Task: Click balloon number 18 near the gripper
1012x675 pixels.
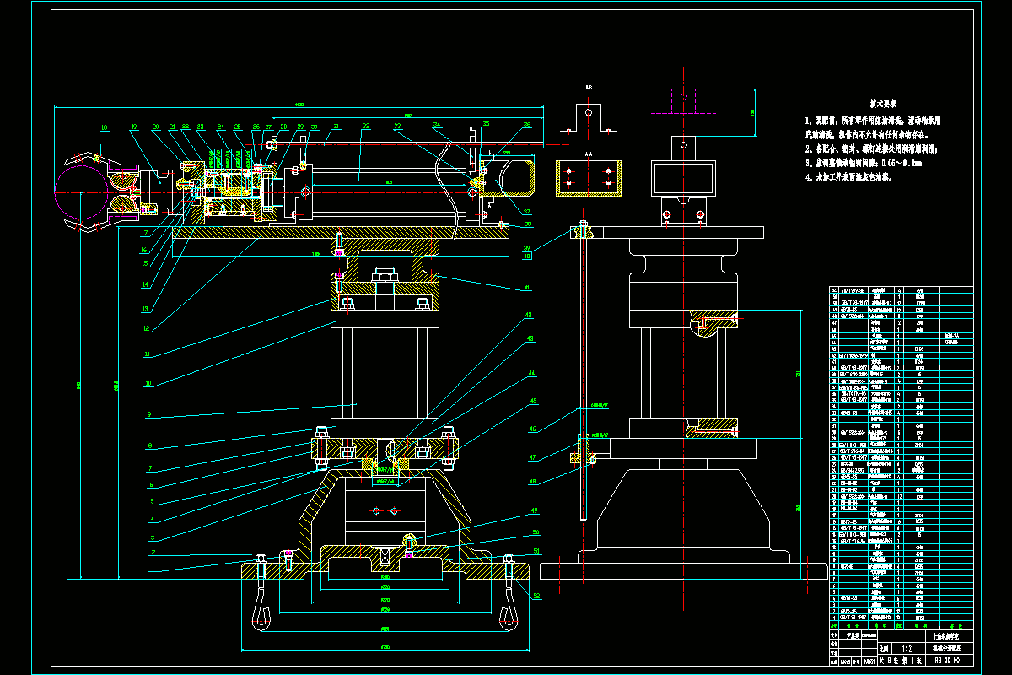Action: (105, 127)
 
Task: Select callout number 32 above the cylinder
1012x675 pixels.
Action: (365, 127)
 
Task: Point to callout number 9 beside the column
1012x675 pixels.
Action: (148, 414)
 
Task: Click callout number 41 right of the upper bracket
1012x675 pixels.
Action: (528, 289)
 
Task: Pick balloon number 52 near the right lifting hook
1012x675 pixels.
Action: (536, 597)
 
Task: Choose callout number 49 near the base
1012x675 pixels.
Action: (534, 511)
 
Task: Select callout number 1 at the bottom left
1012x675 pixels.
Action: (153, 570)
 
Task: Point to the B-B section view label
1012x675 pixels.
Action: (589, 88)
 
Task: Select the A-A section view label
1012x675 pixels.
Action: (589, 154)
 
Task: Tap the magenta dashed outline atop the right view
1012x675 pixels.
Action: (682, 103)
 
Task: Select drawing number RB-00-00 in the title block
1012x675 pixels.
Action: (950, 661)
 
